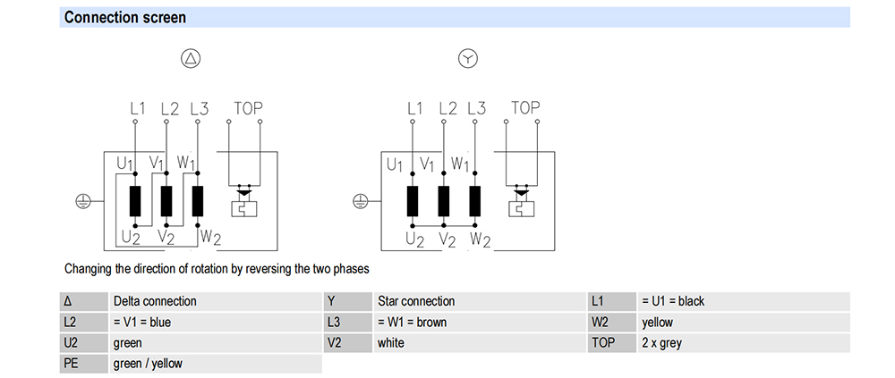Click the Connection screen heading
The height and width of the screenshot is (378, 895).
(x=125, y=18)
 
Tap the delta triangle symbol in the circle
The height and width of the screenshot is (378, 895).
(x=192, y=58)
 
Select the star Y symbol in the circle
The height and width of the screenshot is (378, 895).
(x=468, y=58)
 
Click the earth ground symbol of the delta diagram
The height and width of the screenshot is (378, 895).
(x=82, y=201)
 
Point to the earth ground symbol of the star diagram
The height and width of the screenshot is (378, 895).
(x=360, y=201)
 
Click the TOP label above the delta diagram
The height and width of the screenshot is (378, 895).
(x=248, y=108)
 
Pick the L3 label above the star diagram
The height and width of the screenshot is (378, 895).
(x=477, y=108)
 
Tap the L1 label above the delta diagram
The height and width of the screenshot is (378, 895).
(x=138, y=108)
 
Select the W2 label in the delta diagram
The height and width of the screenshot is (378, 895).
(x=209, y=238)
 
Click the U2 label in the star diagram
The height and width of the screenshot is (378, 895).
(x=415, y=239)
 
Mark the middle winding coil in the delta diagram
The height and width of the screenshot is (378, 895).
(x=166, y=201)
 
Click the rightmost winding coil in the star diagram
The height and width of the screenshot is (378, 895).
(x=474, y=201)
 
